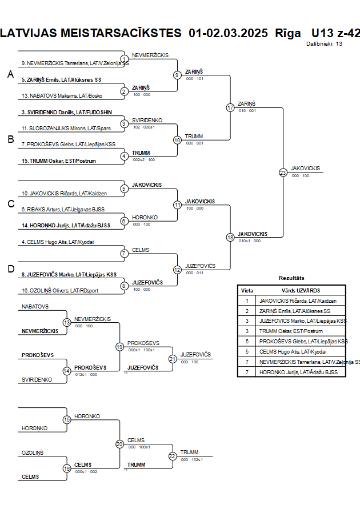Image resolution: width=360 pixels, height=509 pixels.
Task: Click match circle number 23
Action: point(283,173)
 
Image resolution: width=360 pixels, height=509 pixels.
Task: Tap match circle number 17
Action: point(230,107)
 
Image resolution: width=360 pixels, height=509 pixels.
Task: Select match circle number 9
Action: point(177,75)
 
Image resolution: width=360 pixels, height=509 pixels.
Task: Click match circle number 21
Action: point(173,359)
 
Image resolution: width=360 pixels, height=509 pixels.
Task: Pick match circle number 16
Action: point(67,468)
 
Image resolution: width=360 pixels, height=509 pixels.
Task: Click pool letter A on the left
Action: point(10,74)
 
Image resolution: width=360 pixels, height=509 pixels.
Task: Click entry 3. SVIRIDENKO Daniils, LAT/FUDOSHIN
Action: point(66,112)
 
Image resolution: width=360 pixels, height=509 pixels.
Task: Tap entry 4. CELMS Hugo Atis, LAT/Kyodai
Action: point(57,242)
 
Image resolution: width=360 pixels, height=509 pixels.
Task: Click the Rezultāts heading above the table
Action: point(291,278)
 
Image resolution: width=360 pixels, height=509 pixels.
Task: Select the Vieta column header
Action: point(247,290)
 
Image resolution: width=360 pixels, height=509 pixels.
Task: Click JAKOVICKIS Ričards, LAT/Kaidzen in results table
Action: point(298,300)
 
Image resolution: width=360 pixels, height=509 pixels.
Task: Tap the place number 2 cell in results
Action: point(247,311)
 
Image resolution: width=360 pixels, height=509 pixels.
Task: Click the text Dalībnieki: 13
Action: point(324,43)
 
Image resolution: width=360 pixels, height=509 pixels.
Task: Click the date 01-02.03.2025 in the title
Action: point(228,33)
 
